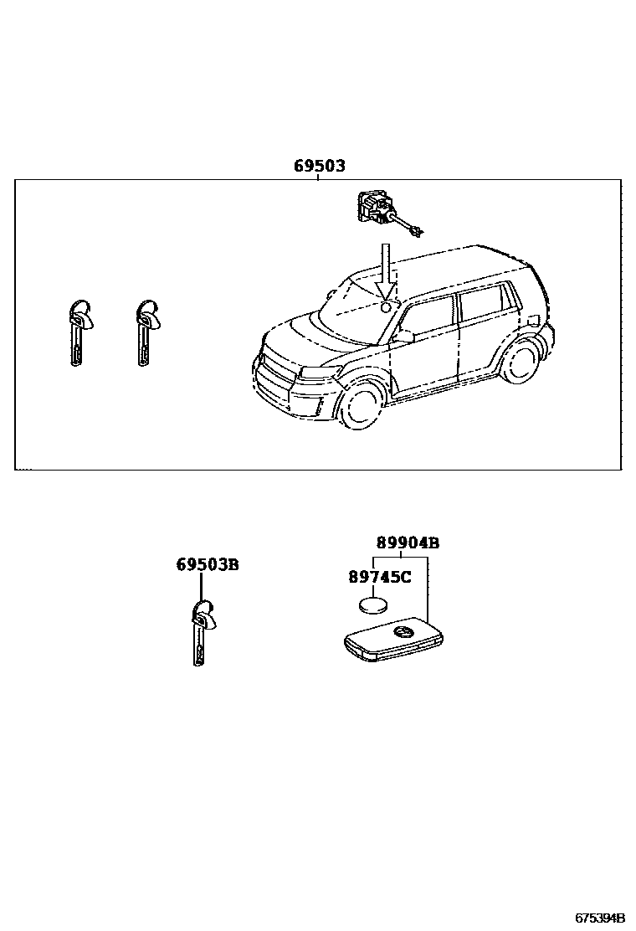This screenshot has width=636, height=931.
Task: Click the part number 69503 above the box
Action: pyautogui.click(x=319, y=167)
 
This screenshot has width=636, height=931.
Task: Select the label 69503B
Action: pyautogui.click(x=208, y=565)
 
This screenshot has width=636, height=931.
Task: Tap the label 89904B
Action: pyautogui.click(x=408, y=543)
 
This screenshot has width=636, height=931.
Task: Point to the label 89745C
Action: pyautogui.click(x=379, y=577)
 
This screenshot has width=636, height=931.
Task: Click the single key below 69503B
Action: pyautogui.click(x=202, y=633)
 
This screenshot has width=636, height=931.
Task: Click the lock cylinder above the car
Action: pyautogui.click(x=376, y=208)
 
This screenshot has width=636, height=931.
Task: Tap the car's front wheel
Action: pyautogui.click(x=362, y=405)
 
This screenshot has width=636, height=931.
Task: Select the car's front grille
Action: pyautogui.click(x=277, y=373)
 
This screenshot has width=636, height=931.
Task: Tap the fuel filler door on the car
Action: pyautogui.click(x=532, y=318)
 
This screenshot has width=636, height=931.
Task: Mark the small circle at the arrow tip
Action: pyautogui.click(x=386, y=307)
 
